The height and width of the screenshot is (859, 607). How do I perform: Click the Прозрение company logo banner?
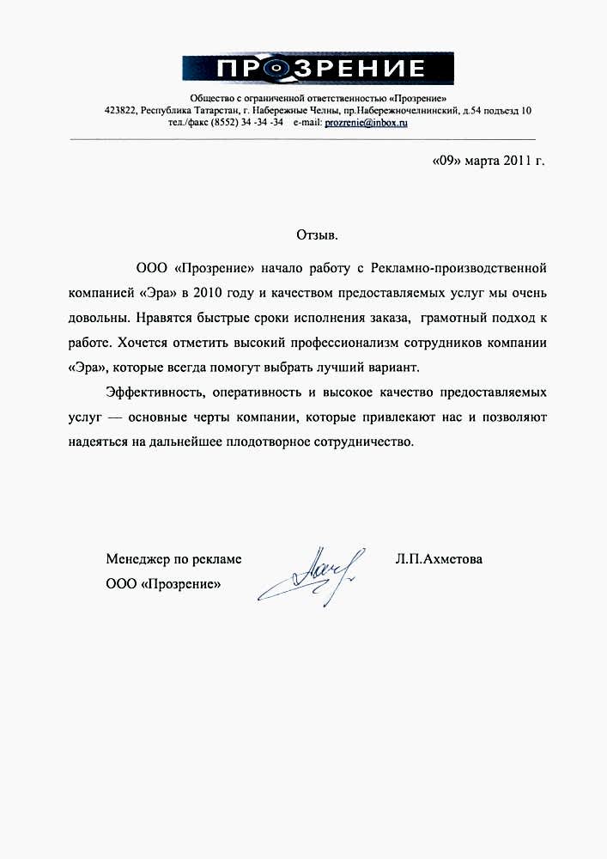coord(318,69)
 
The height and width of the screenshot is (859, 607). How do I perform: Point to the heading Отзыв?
coord(317,235)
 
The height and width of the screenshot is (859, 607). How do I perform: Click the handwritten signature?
coord(313,570)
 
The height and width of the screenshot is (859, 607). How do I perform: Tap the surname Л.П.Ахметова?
coord(439,559)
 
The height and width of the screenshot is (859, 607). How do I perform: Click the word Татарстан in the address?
coord(215,111)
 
